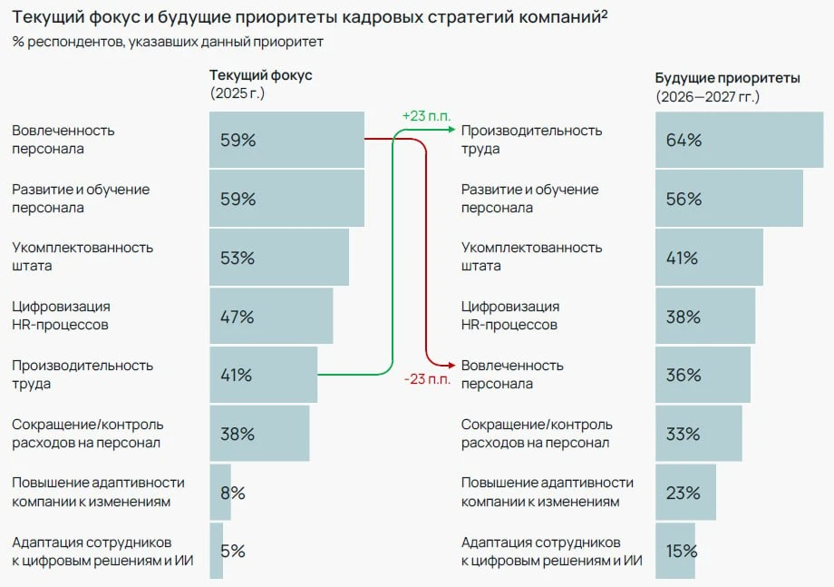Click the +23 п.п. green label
click(425, 116)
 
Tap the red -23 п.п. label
click(427, 379)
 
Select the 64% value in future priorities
click(684, 140)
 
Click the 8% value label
click(233, 493)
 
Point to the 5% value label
click(233, 551)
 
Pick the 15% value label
click(682, 551)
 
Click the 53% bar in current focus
click(278, 258)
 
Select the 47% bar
click(271, 317)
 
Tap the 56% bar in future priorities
click(729, 199)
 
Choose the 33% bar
click(698, 434)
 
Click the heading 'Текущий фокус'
click(261, 75)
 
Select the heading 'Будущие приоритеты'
click(728, 78)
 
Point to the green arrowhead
click(451, 131)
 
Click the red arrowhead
click(451, 365)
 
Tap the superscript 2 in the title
click(604, 14)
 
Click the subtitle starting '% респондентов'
click(168, 42)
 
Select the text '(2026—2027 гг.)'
click(708, 96)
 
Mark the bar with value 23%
click(685, 493)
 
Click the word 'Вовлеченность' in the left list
click(63, 131)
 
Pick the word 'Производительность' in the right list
click(531, 131)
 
